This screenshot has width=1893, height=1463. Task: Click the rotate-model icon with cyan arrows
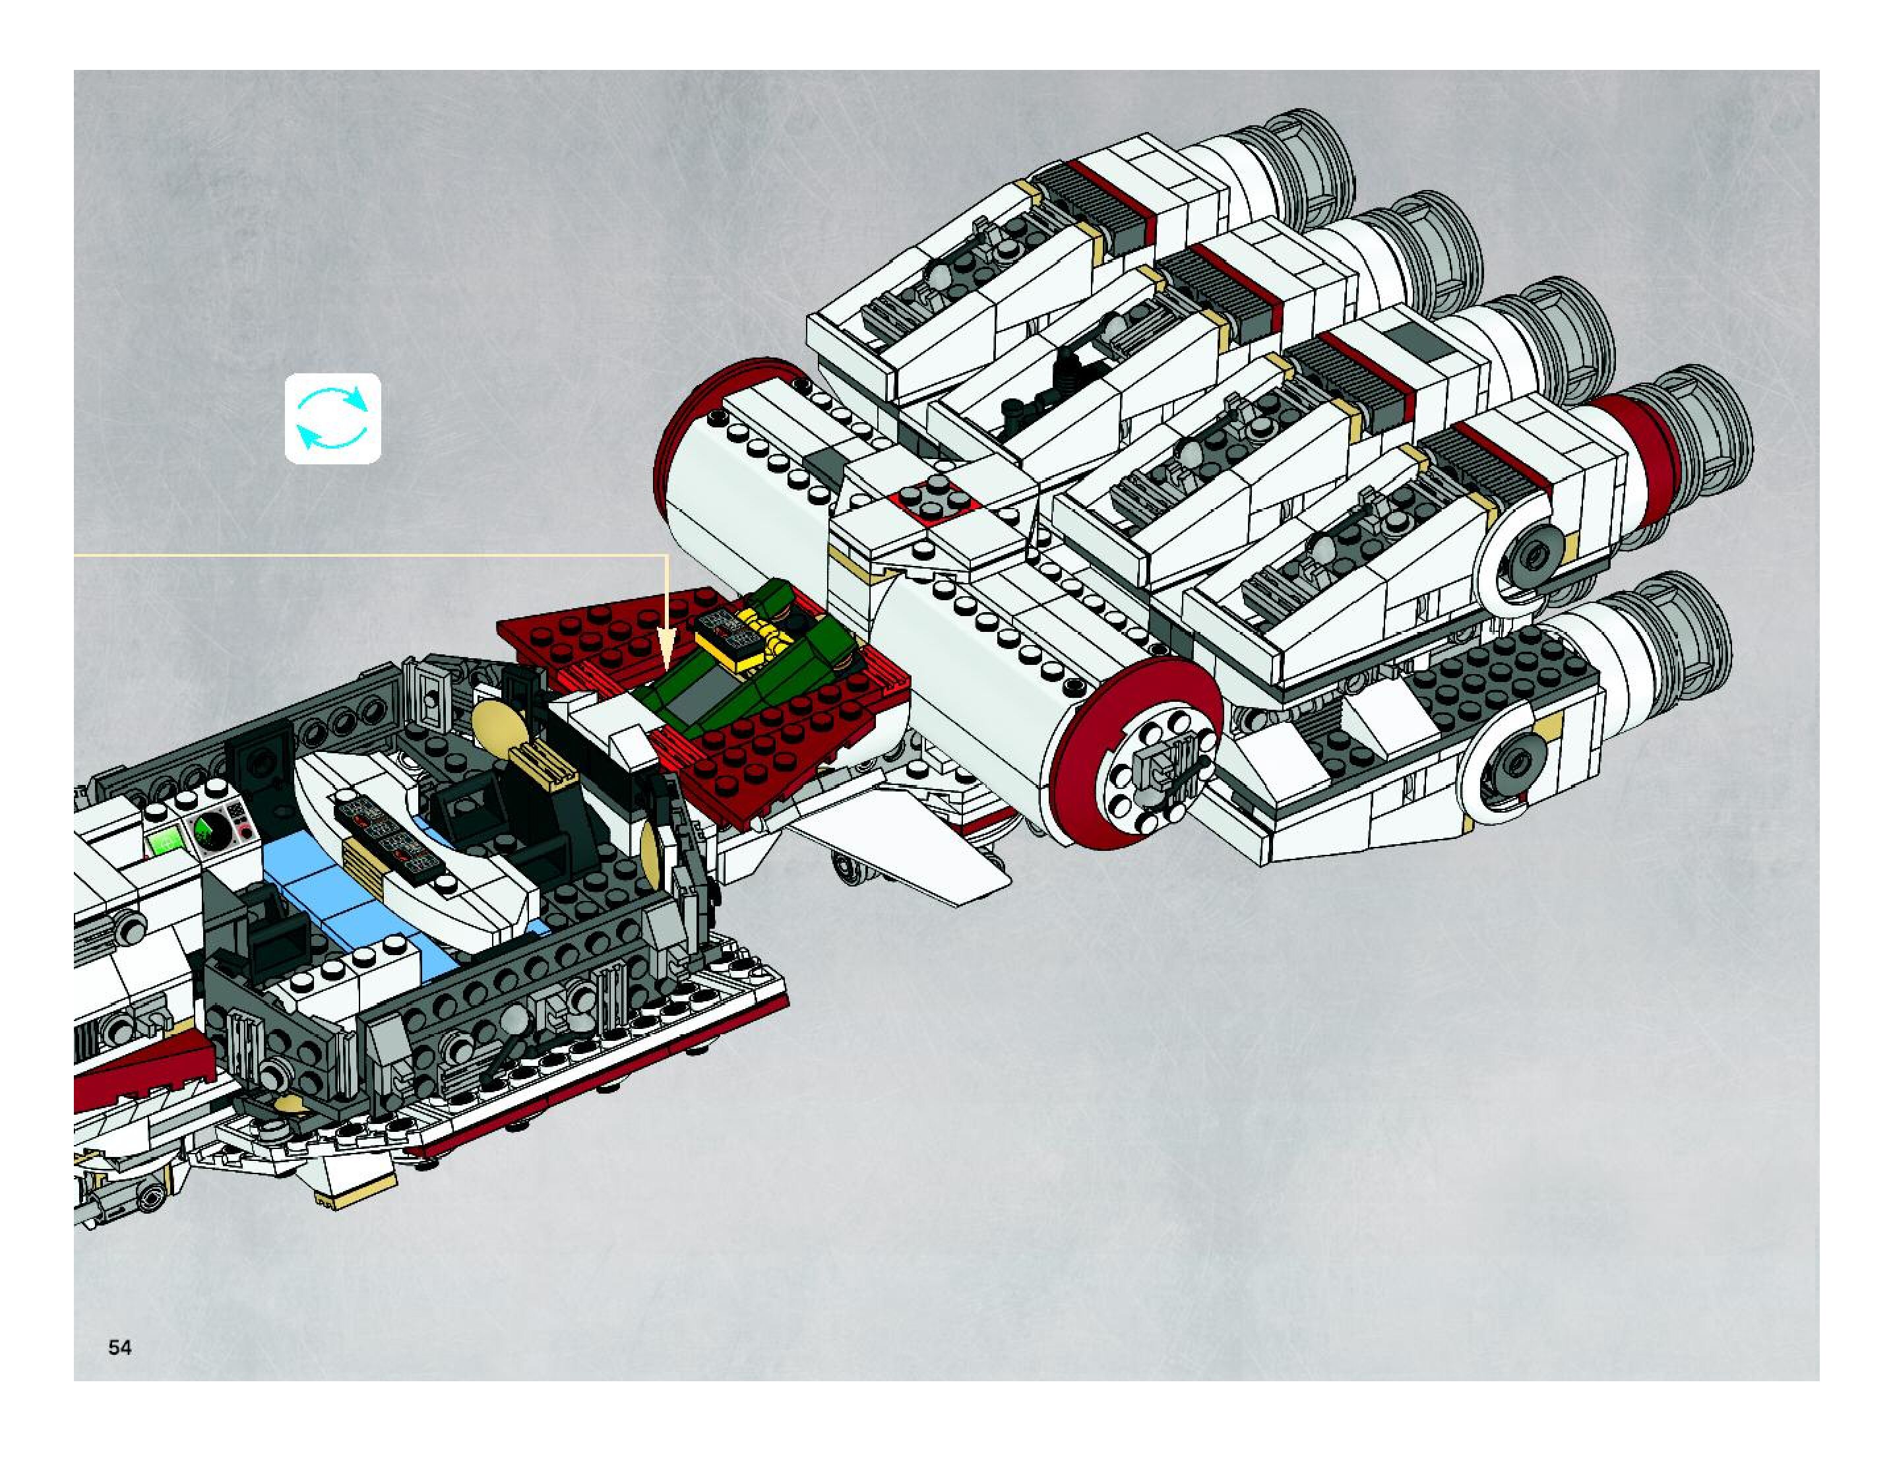pyautogui.click(x=333, y=419)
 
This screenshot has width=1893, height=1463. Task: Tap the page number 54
pyautogui.click(x=119, y=1347)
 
